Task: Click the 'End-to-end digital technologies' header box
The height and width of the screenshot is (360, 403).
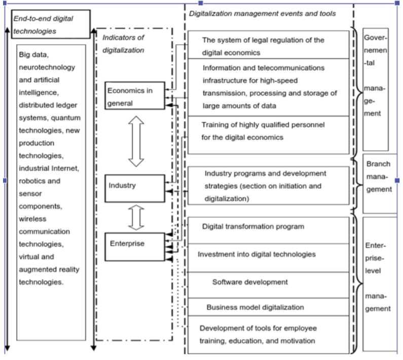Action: coord(51,24)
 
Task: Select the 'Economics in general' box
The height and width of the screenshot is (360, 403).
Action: coord(135,96)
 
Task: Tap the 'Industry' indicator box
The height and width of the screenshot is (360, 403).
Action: coord(135,189)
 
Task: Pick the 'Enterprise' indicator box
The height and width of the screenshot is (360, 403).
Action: coord(135,247)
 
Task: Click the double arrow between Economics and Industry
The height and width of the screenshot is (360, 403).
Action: coord(136,141)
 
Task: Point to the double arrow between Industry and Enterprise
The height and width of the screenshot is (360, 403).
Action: coord(136,218)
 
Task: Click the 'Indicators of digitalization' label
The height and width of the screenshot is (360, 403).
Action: coord(123,44)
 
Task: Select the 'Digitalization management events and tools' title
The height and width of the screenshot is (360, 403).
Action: coord(263,13)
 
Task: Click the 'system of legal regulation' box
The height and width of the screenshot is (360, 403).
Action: coord(268,45)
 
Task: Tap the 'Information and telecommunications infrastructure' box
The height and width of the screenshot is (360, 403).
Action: coord(268,87)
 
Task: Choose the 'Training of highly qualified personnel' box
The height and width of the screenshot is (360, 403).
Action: coord(268,135)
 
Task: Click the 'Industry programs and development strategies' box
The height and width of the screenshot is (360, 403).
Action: coord(268,186)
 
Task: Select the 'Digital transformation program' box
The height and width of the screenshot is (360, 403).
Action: coord(268,230)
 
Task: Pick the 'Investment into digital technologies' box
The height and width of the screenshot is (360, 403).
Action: coord(268,258)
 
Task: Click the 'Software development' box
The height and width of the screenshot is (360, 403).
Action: coord(268,285)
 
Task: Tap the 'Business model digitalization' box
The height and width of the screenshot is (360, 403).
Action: coord(268,307)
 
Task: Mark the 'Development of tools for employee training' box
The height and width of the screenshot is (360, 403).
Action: coord(268,335)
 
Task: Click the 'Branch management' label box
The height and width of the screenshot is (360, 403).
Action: coord(380,184)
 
